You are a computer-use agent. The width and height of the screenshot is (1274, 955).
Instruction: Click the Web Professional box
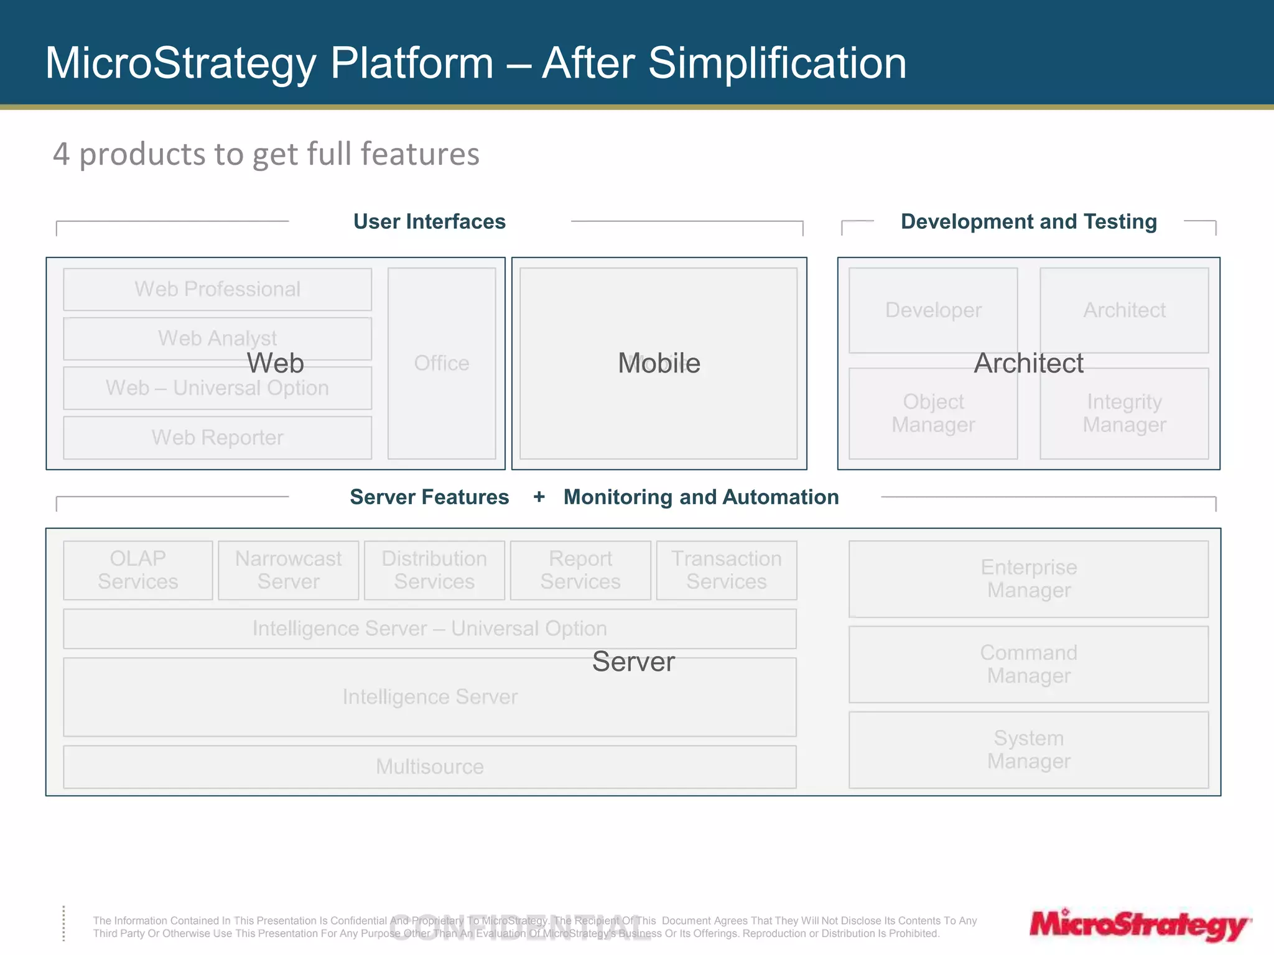click(217, 289)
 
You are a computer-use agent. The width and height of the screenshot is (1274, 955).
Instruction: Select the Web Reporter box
click(217, 438)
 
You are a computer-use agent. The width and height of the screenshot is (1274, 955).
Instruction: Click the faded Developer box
click(933, 310)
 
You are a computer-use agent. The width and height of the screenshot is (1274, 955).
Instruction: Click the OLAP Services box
click(137, 570)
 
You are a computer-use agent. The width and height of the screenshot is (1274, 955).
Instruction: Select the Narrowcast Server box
click(288, 570)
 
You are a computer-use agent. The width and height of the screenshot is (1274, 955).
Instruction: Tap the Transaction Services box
click(726, 570)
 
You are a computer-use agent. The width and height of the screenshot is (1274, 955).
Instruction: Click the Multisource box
click(429, 767)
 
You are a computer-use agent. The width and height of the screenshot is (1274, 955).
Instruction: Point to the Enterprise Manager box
click(1028, 579)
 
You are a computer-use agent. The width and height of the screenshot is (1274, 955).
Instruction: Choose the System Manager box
click(1028, 750)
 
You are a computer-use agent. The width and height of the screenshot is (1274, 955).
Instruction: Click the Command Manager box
click(1028, 664)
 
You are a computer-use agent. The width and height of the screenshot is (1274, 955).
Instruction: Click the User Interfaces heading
click(429, 222)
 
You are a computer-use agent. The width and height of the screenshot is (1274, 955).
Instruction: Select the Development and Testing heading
click(1028, 222)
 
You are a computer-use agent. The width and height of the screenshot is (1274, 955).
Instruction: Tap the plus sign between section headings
click(539, 497)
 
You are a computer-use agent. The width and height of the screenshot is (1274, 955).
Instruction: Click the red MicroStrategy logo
click(1139, 925)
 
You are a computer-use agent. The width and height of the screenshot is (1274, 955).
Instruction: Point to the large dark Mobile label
click(659, 363)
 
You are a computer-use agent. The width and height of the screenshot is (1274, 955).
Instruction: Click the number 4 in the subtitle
click(61, 154)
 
